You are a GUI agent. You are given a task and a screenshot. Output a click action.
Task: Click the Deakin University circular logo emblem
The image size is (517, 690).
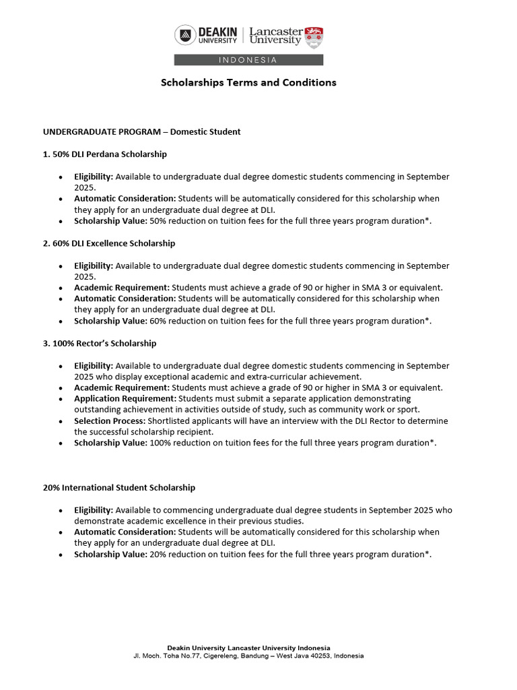(185, 35)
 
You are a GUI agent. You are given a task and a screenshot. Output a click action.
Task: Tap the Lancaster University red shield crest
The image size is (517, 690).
(314, 37)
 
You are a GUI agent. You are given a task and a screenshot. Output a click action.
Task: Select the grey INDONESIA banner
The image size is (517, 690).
(248, 60)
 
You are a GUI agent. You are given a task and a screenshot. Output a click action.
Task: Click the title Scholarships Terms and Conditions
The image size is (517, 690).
(248, 82)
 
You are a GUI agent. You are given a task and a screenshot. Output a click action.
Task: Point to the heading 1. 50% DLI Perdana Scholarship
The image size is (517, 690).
(105, 154)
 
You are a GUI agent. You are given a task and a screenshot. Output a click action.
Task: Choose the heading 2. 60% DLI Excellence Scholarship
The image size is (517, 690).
(109, 243)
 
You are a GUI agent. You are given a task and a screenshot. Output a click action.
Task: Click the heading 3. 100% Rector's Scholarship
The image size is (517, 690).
(100, 343)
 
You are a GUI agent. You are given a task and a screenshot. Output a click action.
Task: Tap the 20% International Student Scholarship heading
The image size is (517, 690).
(119, 487)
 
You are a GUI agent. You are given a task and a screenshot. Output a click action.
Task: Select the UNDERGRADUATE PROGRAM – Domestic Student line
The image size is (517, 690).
(142, 131)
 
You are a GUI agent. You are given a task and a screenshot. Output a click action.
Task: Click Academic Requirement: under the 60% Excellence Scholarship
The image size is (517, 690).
(122, 288)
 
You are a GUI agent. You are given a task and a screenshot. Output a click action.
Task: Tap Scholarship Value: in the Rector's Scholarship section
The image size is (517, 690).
(110, 443)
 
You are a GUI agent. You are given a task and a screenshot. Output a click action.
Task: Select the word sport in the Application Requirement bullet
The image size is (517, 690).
(406, 409)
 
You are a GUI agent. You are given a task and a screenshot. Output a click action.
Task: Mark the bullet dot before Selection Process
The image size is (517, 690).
(61, 421)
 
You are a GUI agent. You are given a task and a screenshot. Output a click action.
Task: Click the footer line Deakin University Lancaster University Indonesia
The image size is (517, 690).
(248, 648)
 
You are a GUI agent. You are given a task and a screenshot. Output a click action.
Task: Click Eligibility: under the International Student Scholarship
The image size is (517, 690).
(94, 510)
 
